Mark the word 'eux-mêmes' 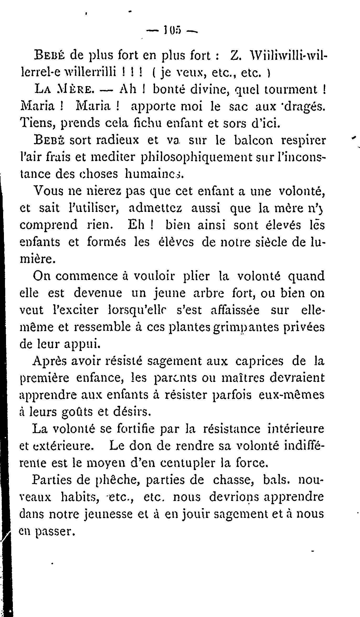[292, 395]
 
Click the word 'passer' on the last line [54, 531]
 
